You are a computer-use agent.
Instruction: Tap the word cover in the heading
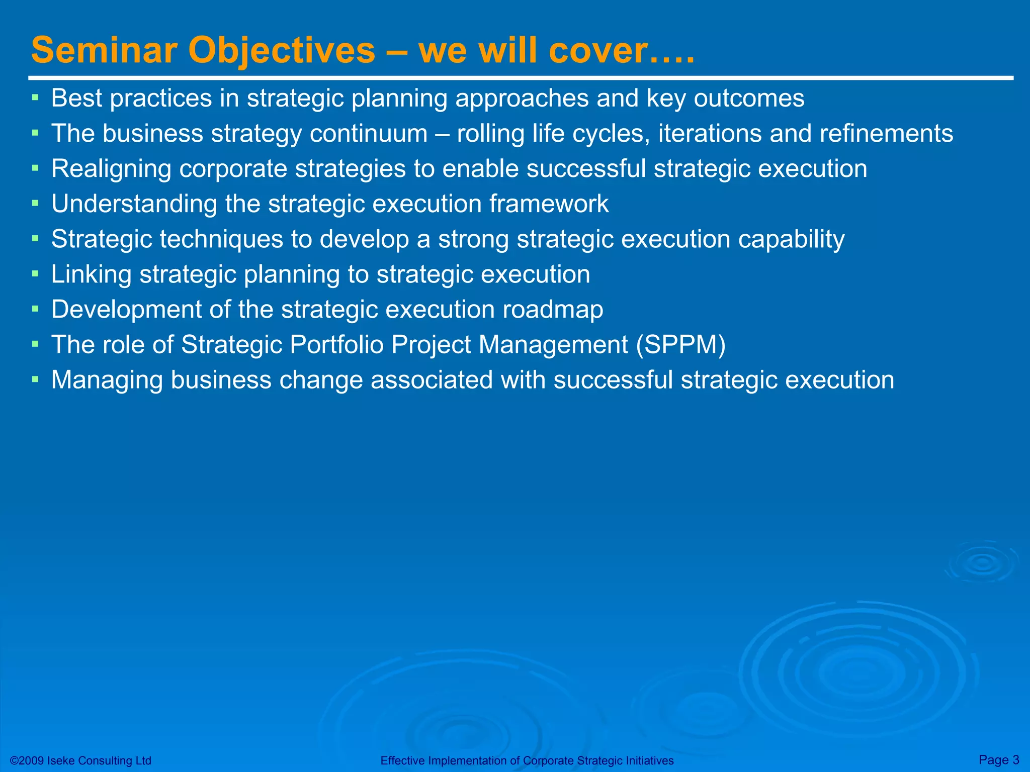[597, 51]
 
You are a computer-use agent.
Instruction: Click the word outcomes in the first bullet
[749, 99]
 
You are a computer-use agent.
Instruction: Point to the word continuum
[368, 134]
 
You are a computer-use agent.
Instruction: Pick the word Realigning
[111, 169]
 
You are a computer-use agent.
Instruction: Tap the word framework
[549, 204]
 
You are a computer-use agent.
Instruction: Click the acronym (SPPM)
[680, 345]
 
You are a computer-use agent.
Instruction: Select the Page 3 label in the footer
[998, 759]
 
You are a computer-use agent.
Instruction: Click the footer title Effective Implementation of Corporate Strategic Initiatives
[527, 760]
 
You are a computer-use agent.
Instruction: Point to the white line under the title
[521, 78]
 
